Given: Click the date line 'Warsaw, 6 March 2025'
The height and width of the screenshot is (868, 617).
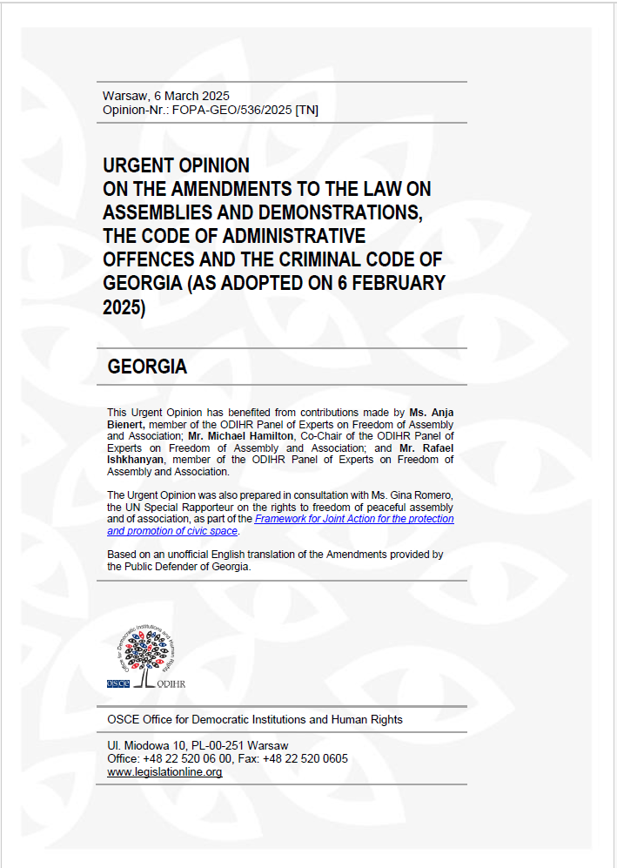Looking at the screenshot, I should pyautogui.click(x=165, y=96).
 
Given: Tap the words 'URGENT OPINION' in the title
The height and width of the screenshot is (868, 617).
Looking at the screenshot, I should pyautogui.click(x=176, y=165).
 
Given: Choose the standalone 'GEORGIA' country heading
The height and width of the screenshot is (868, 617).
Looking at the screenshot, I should pyautogui.click(x=147, y=367).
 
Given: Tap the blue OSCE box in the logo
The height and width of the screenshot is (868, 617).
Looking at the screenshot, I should pyautogui.click(x=118, y=683).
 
